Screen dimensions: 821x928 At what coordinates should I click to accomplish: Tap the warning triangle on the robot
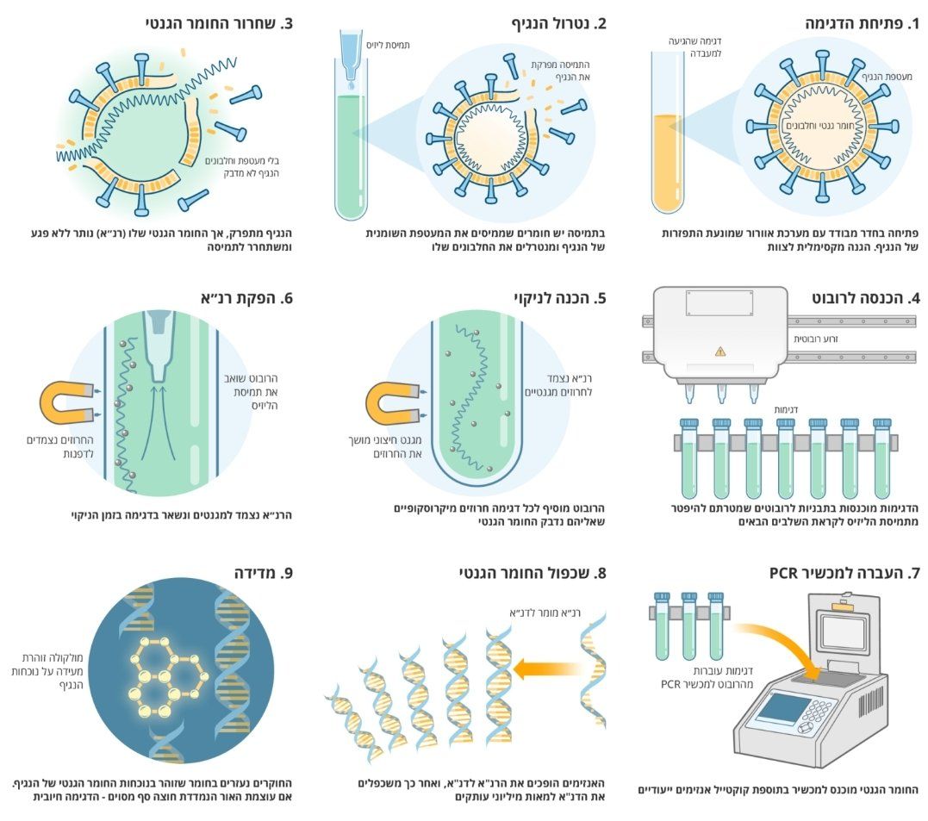720,351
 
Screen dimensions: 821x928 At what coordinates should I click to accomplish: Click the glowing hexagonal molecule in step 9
170,670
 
